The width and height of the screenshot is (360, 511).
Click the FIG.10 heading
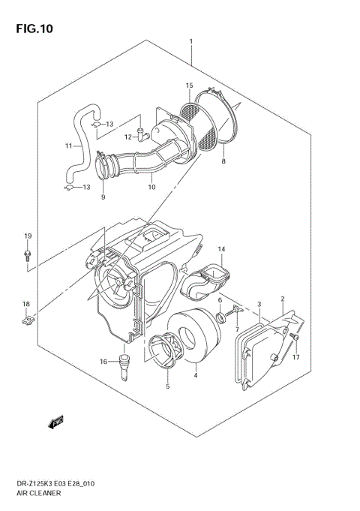[32, 30]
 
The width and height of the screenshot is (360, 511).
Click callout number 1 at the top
[191, 41]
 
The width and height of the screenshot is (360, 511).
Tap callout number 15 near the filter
[190, 86]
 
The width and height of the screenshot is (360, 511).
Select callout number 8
[223, 161]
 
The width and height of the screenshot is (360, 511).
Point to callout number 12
[128, 137]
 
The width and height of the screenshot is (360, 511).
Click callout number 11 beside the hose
[67, 146]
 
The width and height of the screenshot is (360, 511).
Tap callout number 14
[221, 248]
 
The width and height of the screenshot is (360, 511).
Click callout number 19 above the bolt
[27, 237]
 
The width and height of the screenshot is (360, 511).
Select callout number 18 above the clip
[25, 304]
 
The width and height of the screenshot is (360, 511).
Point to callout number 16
[103, 362]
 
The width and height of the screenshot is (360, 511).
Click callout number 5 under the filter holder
[167, 388]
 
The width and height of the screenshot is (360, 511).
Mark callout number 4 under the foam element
[195, 375]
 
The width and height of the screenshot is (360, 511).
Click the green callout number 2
[283, 299]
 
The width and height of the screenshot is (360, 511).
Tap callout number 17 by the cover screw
[295, 357]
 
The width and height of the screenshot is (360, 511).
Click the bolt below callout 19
[27, 256]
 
